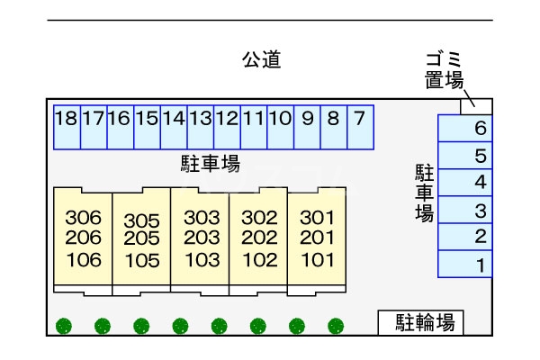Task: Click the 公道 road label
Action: (x=262, y=60)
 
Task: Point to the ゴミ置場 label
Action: (x=445, y=70)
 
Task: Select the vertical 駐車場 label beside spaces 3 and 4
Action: (x=424, y=193)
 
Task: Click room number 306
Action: (x=84, y=218)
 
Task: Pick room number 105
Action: (x=141, y=261)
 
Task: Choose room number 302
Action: (x=259, y=218)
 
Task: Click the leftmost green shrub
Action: (x=63, y=326)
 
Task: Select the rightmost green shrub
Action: (x=336, y=326)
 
